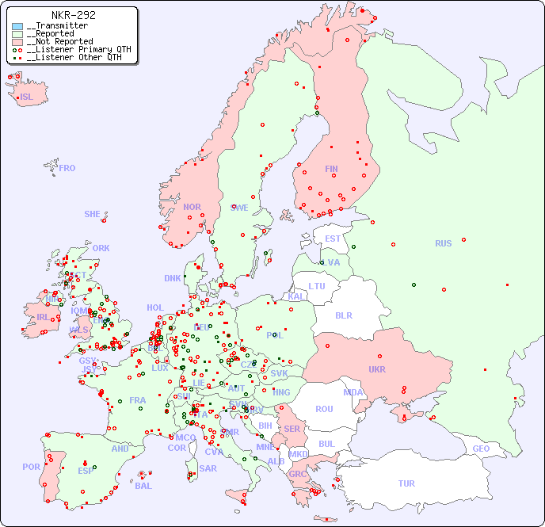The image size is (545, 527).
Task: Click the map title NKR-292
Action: coord(74,15)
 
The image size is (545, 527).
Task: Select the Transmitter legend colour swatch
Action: coord(17,26)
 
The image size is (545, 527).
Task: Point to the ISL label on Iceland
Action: coord(27,97)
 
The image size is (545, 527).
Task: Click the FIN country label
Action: coord(331,169)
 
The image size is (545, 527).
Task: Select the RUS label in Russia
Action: coord(443,243)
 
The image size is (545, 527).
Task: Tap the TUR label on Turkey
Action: coord(406,483)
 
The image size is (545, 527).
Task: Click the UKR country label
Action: coord(377,369)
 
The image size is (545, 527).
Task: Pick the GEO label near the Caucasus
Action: coord(481,449)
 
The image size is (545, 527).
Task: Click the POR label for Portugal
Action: coord(31,467)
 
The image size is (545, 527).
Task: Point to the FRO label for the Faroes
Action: coord(67,168)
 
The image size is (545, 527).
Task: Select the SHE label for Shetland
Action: coord(93,214)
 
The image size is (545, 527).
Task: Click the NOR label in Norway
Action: coord(192,207)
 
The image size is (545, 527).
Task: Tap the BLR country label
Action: coord(344,315)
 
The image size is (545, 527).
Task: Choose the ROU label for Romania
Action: coord(324,409)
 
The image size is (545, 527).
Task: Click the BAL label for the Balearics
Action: coord(143,486)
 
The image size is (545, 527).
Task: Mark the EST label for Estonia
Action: coord(333,239)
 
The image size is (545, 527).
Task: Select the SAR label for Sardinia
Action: coord(208,468)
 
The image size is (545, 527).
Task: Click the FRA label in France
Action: coord(138,400)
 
